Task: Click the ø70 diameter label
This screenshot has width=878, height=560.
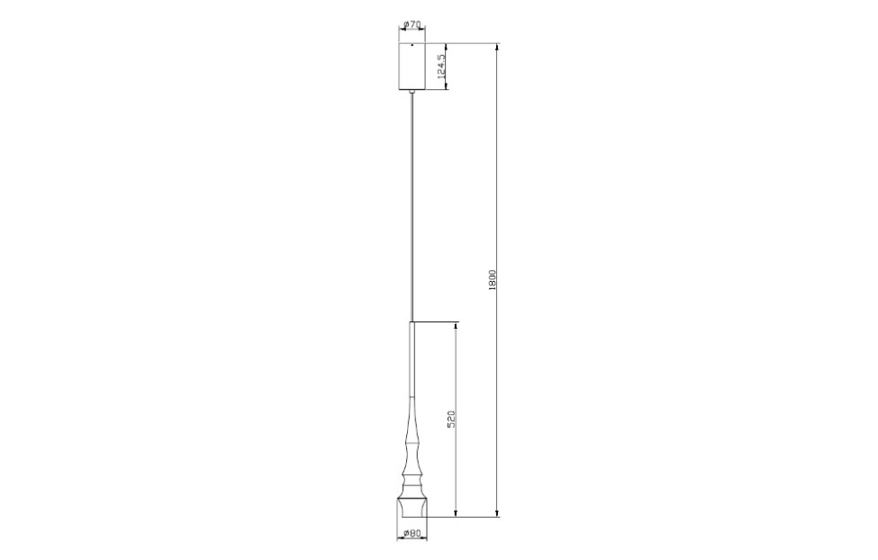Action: [412, 24]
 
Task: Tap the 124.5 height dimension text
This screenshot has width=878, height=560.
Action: [442, 68]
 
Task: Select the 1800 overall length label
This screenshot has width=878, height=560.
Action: [492, 279]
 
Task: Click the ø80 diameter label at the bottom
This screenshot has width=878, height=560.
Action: [411, 534]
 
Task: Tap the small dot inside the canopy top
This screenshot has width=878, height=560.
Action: [412, 44]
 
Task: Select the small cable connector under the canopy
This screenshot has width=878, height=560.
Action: [412, 92]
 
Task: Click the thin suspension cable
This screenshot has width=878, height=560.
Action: [412, 207]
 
